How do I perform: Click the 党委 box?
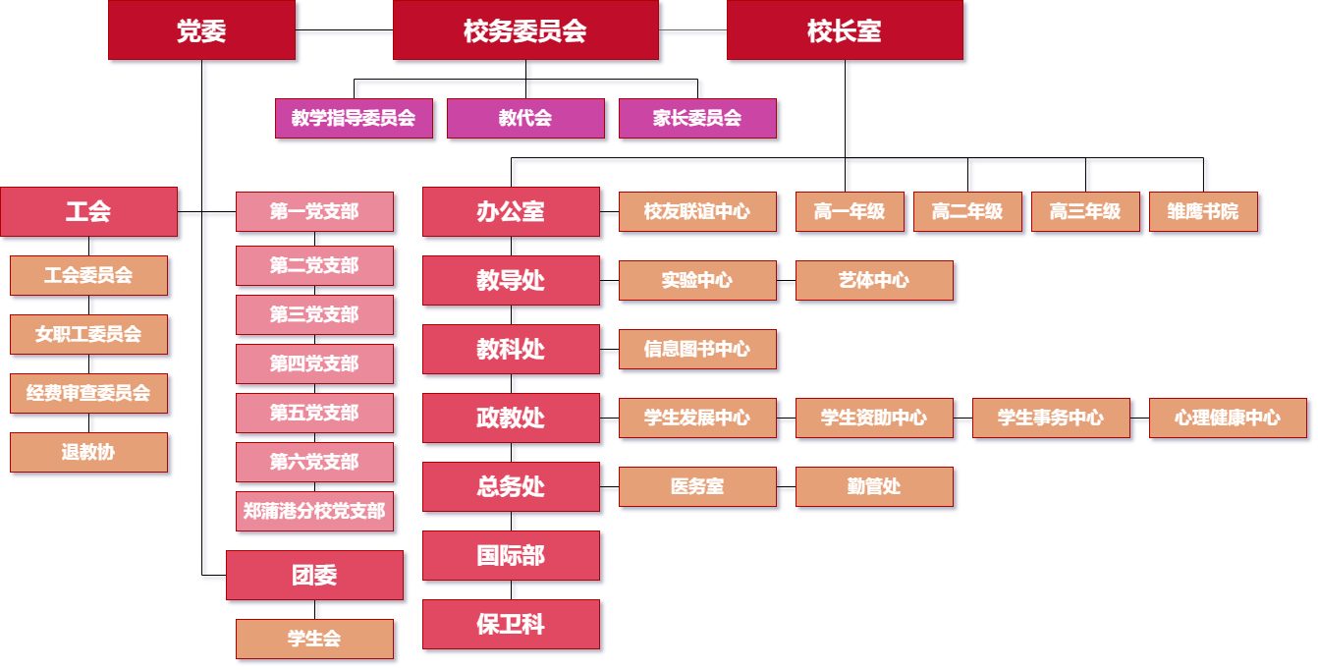coord(201,31)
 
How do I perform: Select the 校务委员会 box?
coord(525,31)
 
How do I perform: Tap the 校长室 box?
coord(845,31)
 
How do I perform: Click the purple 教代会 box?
coord(525,119)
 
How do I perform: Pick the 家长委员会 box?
coord(697,119)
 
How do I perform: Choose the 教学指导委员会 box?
coord(354,119)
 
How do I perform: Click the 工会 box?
coord(88,211)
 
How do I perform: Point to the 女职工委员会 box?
coord(88,334)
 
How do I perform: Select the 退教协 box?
coord(88,452)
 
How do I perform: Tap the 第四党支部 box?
coord(314,363)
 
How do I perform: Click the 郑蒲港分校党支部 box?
coord(314,511)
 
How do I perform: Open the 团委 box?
coord(314,576)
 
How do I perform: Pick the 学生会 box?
coord(314,639)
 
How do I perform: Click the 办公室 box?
coord(511,211)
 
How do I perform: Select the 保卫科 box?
coord(511,624)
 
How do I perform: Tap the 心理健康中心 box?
coord(1228,418)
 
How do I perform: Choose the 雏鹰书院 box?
coord(1203,211)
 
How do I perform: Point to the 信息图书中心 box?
coord(697,349)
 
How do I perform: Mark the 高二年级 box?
coord(967,211)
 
